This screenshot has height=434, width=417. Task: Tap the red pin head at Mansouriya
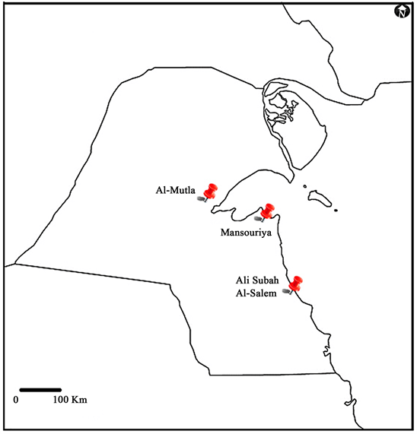click(x=268, y=209)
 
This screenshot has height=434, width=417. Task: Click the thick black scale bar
click(x=40, y=391)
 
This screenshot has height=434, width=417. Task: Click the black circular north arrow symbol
click(x=402, y=11)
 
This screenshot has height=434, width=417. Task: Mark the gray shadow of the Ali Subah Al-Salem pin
click(x=286, y=291)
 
